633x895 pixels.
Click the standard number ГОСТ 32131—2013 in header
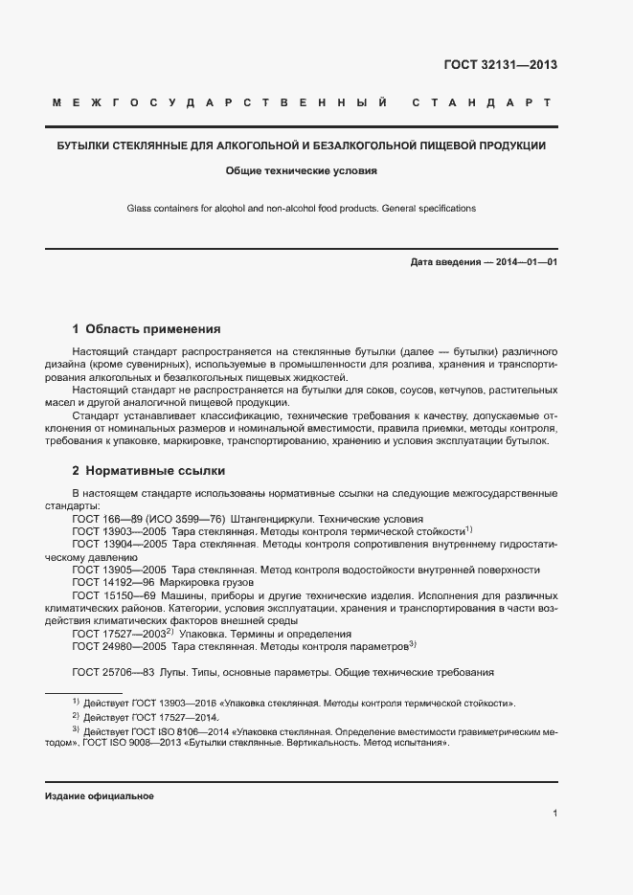coord(500,66)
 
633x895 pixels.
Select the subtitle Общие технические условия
coord(301,172)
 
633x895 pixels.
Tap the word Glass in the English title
coord(140,208)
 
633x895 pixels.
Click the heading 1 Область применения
coord(147,328)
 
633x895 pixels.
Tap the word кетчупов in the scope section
coord(435,391)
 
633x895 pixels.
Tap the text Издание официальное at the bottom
coord(100,796)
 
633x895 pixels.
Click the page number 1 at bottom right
coord(554,813)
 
